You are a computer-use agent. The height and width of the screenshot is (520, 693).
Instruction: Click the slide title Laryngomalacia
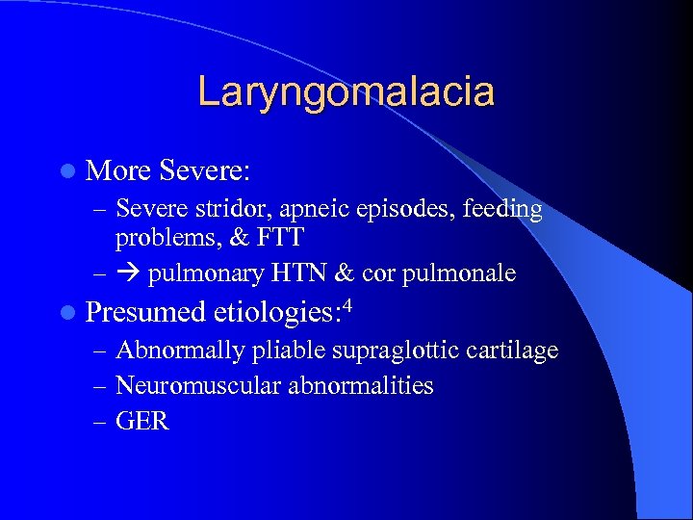346,92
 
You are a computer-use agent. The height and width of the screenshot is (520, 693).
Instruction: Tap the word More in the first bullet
117,171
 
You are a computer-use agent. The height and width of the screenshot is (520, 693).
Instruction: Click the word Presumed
144,312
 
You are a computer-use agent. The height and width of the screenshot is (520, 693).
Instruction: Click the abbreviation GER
141,421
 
